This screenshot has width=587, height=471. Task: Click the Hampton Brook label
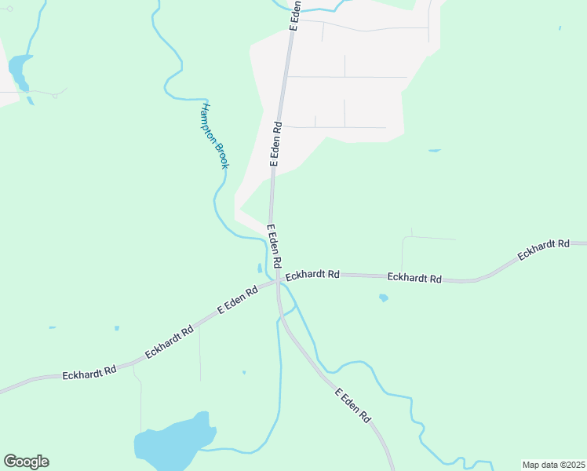click(x=214, y=136)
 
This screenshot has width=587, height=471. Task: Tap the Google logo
click(x=26, y=462)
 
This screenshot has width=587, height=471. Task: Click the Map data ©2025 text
click(x=553, y=465)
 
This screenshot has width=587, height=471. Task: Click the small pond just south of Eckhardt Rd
click(x=383, y=298)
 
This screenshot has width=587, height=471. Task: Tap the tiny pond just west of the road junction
click(x=260, y=268)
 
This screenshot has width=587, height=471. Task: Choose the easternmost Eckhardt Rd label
click(x=543, y=250)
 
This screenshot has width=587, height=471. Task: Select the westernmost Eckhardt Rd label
click(x=89, y=372)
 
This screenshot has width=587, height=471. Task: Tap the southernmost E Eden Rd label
click(x=352, y=406)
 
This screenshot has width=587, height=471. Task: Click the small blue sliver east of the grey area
click(x=434, y=150)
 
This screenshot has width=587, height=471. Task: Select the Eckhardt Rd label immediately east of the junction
click(x=312, y=276)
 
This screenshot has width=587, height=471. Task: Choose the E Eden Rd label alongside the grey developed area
click(x=275, y=144)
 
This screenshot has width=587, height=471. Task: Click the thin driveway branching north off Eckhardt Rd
click(x=403, y=255)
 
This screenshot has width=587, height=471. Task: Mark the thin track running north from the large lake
click(x=141, y=400)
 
